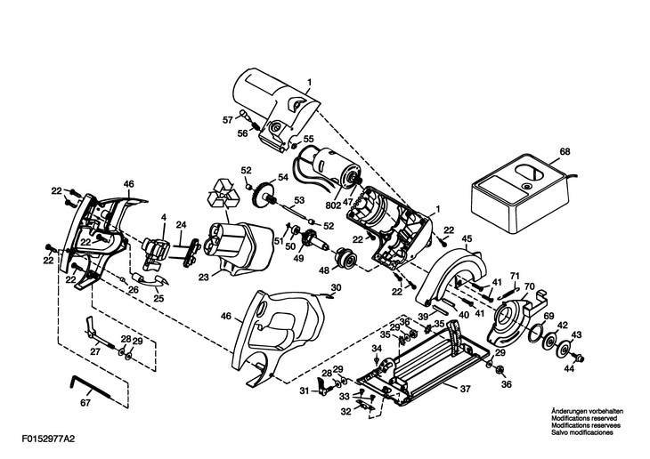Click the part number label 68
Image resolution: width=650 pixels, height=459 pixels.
[565, 151]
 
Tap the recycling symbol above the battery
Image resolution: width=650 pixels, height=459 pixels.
[223, 194]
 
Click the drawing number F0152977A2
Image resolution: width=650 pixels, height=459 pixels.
[50, 439]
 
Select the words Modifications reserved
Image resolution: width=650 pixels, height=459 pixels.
[584, 418]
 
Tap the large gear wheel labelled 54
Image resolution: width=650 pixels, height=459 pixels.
[262, 197]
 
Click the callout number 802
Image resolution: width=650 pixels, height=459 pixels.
[332, 205]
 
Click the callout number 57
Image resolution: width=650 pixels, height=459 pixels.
[228, 120]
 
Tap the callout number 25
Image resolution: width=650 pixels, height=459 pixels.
[158, 298]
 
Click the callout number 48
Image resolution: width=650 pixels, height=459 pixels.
[323, 270]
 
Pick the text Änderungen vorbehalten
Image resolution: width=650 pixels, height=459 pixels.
[587, 411]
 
